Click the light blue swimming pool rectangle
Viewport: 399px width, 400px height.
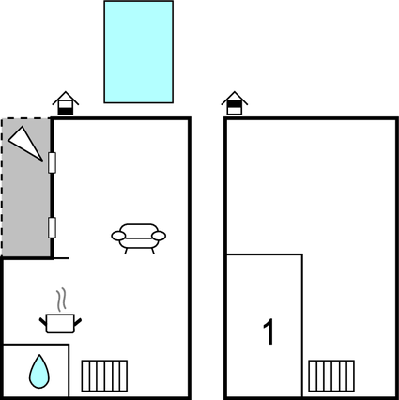[x=139, y=52]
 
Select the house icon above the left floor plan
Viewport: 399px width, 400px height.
[x=66, y=103]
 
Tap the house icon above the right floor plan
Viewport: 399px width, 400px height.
[x=235, y=103]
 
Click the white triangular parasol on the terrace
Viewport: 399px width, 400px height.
[x=26, y=142]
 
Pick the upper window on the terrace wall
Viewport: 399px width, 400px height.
[x=52, y=162]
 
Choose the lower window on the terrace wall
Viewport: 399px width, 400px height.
[x=52, y=228]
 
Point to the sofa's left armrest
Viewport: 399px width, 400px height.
[x=118, y=236]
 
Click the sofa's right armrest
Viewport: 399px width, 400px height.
[x=159, y=236]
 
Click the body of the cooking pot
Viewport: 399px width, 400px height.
[x=60, y=324]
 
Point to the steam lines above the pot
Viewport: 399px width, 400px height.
[x=62, y=300]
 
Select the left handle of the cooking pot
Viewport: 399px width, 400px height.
[x=43, y=321]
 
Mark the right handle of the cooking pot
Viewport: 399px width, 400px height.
[x=78, y=322]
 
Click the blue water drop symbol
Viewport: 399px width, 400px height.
[x=39, y=372]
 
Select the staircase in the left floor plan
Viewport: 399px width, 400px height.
[x=104, y=376]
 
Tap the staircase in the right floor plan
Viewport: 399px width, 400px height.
[x=331, y=376]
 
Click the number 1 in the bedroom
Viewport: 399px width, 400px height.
[x=269, y=332]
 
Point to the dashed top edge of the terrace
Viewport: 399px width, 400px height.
[x=26, y=118]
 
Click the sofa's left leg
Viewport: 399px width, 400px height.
[x=126, y=251]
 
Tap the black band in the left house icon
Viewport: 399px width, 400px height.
[x=66, y=111]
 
